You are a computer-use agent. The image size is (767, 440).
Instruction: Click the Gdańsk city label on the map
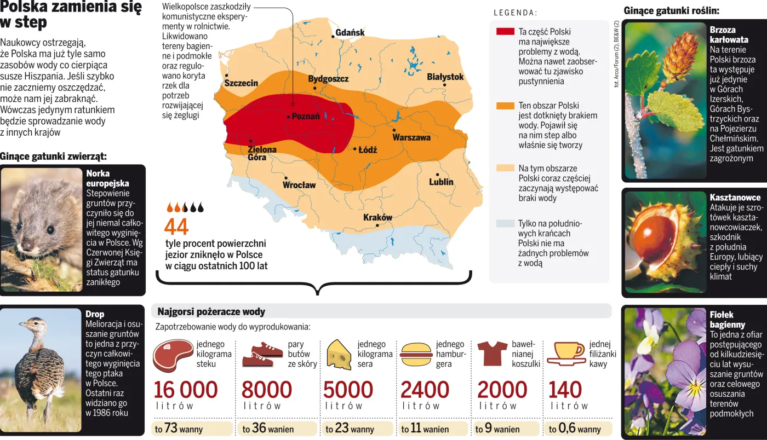350,33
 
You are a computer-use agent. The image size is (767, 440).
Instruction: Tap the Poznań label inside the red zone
306,117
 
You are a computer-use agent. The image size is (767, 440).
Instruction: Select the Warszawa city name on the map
411,137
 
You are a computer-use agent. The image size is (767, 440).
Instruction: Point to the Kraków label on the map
378,218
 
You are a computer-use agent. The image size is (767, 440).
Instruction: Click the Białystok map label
445,77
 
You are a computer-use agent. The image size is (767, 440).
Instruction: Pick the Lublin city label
441,182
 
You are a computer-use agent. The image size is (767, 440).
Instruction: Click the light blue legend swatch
505,223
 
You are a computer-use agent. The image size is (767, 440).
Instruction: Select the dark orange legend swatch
505,106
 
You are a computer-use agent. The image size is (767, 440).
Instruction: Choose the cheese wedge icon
339,354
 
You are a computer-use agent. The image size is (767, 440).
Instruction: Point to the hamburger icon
416,354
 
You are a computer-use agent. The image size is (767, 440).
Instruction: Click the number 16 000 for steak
186,390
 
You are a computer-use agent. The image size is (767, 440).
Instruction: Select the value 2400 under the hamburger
425,390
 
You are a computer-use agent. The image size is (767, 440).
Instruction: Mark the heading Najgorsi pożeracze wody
211,312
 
